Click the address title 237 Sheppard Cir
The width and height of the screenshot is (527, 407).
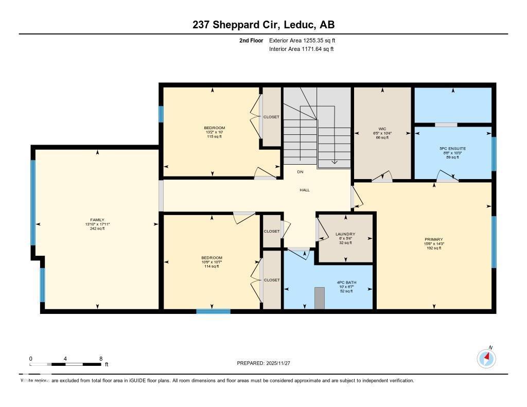pos(263,25)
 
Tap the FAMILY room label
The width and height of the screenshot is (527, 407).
pos(97,220)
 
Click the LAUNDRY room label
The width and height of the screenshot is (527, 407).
pos(345,234)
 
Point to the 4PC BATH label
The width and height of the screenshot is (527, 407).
pos(346,282)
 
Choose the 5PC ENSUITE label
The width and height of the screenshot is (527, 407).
pos(453,148)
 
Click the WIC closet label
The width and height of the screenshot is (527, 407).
pos(382,129)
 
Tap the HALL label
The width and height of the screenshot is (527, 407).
pos(305,190)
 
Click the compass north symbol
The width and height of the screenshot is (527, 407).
pos(486,358)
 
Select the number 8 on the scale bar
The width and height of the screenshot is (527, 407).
pos(101,359)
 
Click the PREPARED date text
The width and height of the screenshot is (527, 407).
pos(263,363)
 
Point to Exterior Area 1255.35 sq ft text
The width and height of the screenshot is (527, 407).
pos(303,40)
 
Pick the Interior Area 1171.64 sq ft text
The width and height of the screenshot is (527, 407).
pos(301,49)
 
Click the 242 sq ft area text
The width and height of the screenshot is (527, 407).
pos(97,228)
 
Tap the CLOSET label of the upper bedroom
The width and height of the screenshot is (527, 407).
pos(271,117)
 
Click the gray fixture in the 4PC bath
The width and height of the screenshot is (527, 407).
pos(320,298)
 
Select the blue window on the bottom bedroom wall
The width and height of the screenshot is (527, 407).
pos(213,311)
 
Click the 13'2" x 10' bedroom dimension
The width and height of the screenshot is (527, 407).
pos(214,132)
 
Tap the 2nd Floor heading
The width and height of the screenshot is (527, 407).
pos(251,40)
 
